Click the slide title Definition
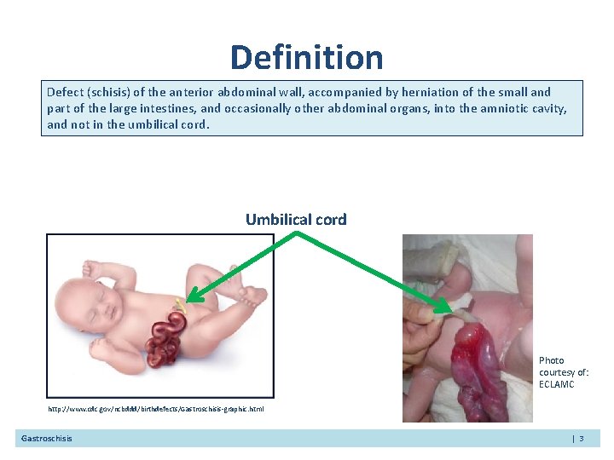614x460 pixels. click(306, 58)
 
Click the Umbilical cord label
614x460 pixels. click(296, 219)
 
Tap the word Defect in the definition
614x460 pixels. click(65, 92)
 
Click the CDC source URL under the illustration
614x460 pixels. click(155, 409)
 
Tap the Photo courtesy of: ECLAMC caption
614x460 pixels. click(562, 372)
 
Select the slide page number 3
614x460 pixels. click(581, 439)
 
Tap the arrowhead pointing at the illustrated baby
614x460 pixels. click(192, 298)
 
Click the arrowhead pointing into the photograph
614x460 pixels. click(446, 306)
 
